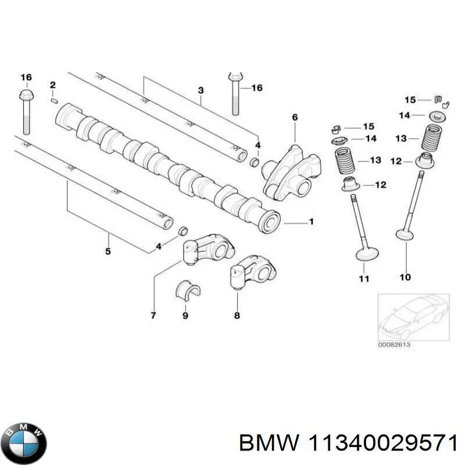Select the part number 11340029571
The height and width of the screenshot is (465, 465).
point(382,443)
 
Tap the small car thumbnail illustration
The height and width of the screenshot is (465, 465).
point(413,317)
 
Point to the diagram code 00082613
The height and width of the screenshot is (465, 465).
point(394,345)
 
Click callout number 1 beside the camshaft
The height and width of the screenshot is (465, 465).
point(311,221)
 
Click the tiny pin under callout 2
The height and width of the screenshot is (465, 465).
point(54,101)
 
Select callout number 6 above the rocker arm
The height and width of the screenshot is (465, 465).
point(295,117)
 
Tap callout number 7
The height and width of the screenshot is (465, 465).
point(153,315)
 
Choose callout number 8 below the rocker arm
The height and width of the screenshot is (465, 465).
point(237,315)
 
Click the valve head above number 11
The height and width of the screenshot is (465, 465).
point(367,255)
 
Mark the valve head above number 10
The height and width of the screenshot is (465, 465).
point(405,234)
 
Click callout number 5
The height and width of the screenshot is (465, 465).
point(108,251)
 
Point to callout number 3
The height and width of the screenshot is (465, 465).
point(201,90)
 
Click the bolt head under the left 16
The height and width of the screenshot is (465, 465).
point(26,95)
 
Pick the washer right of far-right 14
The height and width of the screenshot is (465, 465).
point(438,115)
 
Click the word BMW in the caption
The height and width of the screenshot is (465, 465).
point(269,443)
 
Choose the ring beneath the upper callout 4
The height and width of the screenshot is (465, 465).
point(255,163)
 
